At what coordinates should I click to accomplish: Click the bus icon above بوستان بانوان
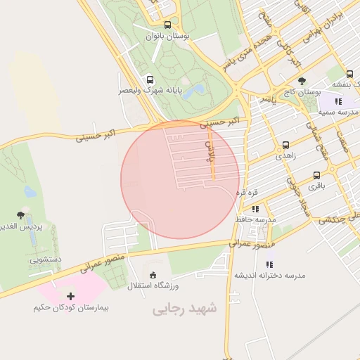[x=167, y=25]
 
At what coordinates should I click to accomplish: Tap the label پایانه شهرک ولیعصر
[x=149, y=91]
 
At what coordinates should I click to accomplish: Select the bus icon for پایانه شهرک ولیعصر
[x=149, y=79]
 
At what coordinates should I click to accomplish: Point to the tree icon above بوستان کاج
[x=302, y=81]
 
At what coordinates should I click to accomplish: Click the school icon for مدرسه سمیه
[x=339, y=101]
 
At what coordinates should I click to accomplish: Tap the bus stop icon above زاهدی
[x=285, y=145]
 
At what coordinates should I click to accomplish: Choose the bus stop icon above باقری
[x=316, y=174]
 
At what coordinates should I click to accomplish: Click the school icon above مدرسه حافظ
[x=255, y=208]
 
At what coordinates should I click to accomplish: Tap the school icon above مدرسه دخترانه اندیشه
[x=269, y=264]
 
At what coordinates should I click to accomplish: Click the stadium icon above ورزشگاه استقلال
[x=153, y=274]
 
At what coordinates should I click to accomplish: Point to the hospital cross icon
[x=70, y=296]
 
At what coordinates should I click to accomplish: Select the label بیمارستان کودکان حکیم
[x=71, y=307]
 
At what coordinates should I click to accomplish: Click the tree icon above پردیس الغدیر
[x=20, y=215]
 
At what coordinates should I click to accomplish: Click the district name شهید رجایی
[x=185, y=308]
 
